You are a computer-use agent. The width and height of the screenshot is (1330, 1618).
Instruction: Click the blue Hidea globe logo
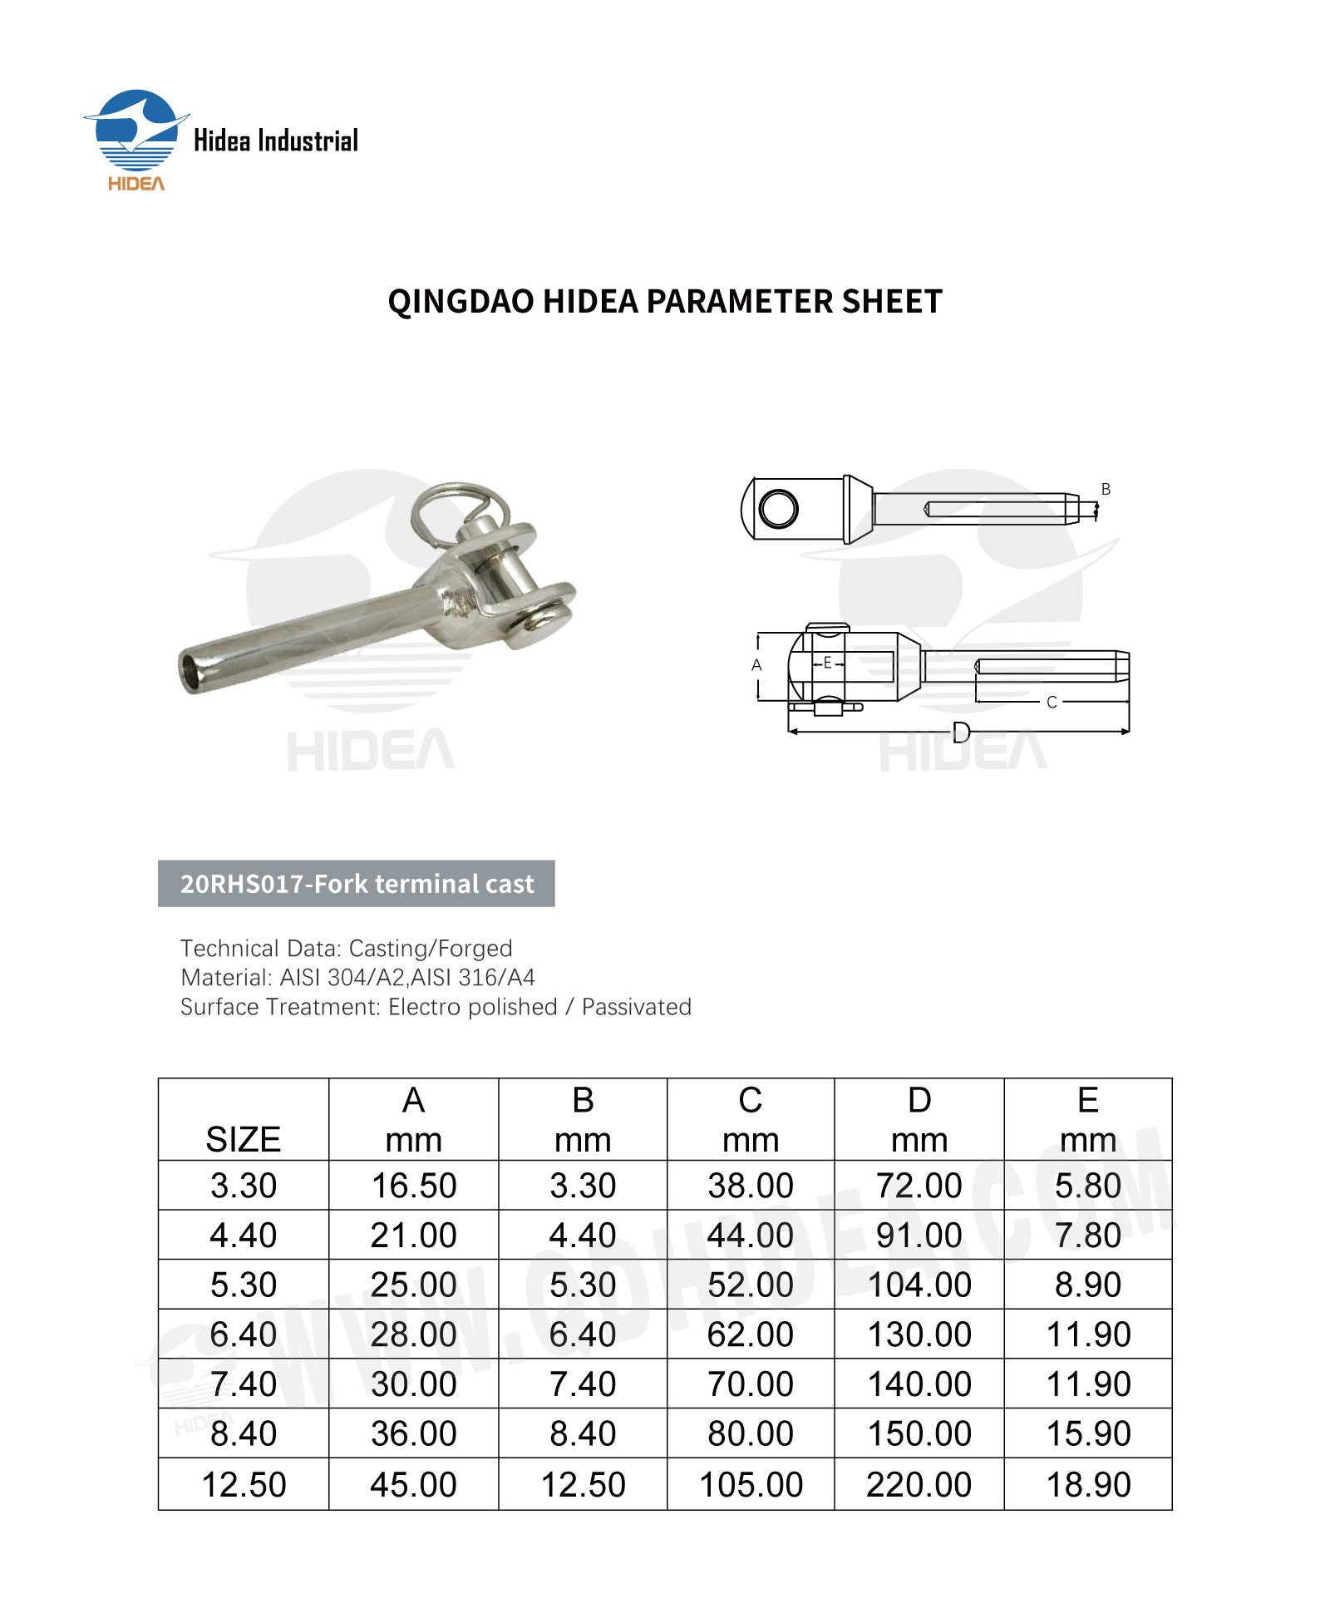(136, 131)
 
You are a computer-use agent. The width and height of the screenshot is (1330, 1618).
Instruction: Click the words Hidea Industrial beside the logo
(275, 141)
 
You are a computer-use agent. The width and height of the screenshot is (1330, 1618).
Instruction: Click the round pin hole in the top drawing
(778, 508)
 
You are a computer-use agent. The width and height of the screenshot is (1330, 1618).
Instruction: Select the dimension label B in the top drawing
(1106, 489)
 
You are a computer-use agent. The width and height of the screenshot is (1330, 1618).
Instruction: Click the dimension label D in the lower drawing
(961, 732)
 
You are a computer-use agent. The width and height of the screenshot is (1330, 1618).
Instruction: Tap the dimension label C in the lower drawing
(1052, 703)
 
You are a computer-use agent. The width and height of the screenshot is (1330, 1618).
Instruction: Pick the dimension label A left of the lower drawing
(756, 665)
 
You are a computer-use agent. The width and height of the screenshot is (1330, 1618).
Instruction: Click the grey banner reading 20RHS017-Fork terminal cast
(356, 883)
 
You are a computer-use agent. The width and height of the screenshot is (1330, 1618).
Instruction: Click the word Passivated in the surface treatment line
(636, 1007)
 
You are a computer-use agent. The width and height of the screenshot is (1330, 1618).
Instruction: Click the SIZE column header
(243, 1138)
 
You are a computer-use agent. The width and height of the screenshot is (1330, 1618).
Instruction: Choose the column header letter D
(919, 1100)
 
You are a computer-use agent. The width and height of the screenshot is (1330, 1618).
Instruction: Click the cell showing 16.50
(413, 1186)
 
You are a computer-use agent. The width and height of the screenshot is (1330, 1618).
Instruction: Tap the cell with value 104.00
(919, 1285)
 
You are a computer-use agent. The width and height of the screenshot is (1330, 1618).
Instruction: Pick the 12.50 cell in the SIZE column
(243, 1484)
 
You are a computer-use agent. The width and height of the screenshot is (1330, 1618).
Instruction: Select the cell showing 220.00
(919, 1484)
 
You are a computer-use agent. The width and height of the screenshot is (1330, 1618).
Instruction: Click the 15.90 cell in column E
(1087, 1433)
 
